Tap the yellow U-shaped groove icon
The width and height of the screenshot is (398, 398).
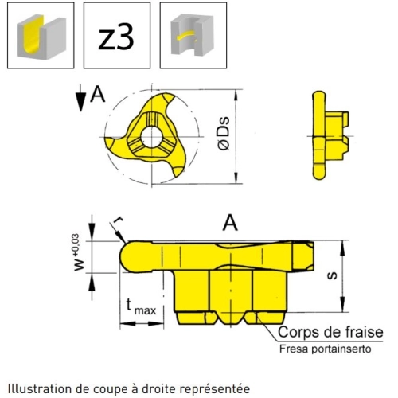click(x=41, y=36)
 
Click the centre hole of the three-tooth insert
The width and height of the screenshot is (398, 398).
click(x=151, y=137)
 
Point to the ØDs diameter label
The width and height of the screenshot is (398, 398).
click(x=224, y=134)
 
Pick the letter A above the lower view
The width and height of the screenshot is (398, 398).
click(x=230, y=223)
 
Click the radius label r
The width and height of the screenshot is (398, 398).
click(x=119, y=220)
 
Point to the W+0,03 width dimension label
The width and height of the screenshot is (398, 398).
click(x=79, y=252)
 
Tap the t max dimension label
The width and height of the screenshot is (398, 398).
click(x=141, y=306)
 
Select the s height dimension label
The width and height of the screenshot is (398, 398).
click(x=332, y=276)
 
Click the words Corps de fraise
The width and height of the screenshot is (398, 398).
click(x=330, y=332)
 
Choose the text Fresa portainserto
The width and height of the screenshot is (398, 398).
click(x=325, y=349)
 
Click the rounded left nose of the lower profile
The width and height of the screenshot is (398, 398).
click(x=126, y=256)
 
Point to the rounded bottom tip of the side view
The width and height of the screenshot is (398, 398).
click(x=319, y=173)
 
